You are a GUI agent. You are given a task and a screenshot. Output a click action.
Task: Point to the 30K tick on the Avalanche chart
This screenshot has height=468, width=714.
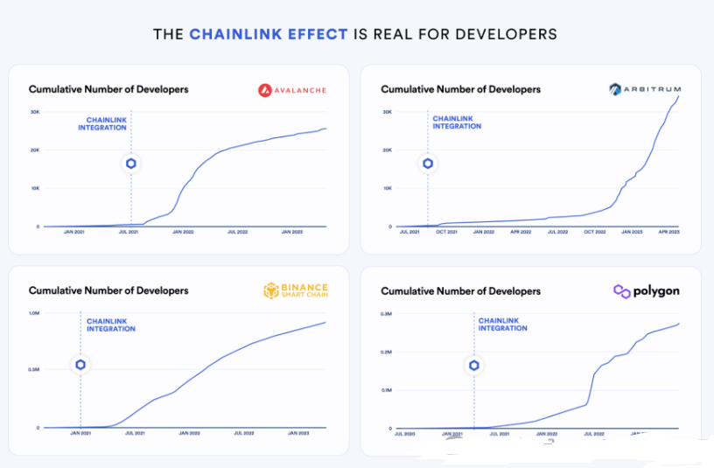34,112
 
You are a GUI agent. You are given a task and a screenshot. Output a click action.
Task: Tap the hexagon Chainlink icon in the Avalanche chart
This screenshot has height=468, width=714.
131,164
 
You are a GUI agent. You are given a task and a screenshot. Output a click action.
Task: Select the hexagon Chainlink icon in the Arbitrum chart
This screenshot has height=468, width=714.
428,164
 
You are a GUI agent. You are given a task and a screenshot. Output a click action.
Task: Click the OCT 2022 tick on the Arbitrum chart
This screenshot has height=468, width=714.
595,234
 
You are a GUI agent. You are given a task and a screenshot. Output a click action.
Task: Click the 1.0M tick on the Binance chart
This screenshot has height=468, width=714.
35,313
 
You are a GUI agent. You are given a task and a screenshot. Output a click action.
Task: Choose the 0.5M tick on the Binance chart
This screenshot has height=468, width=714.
35,370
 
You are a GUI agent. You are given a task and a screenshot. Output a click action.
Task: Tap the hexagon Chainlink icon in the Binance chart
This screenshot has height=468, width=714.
80,365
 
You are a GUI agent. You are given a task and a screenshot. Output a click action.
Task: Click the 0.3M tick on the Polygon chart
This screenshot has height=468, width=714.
385,313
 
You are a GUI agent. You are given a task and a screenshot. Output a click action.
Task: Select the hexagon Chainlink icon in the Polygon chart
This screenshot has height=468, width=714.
474,365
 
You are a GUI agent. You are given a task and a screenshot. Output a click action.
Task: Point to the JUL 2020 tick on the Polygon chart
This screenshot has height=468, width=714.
404,434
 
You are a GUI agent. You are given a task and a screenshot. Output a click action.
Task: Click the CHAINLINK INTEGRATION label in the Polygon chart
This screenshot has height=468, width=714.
503,325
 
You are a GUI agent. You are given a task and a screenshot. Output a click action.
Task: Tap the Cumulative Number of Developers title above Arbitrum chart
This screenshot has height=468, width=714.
461,89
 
